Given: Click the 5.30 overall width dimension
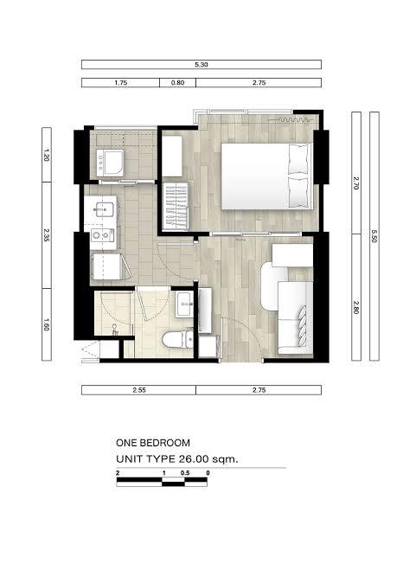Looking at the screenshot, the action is (x=201, y=65).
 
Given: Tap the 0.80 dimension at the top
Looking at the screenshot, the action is (x=177, y=83).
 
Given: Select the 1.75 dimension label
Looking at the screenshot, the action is (x=121, y=83).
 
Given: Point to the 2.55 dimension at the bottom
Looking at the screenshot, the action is (x=139, y=390).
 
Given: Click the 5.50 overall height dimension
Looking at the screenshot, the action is (x=374, y=235).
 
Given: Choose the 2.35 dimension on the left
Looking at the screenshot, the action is (x=46, y=235).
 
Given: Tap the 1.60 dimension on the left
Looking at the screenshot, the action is (x=46, y=324).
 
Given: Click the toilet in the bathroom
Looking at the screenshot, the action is (x=177, y=340).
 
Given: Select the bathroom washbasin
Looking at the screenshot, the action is (x=184, y=304).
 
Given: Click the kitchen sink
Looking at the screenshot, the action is (x=103, y=209).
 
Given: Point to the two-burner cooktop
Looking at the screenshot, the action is (x=102, y=235).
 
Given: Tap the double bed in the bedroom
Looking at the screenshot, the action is (x=267, y=176).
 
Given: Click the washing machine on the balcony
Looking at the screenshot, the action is (x=110, y=163).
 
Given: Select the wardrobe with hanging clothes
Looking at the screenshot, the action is (x=176, y=206).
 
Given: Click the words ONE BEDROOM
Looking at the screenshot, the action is (x=153, y=443).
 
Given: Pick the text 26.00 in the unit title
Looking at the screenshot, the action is (x=194, y=458).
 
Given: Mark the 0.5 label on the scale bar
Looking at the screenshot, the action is (x=185, y=473).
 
